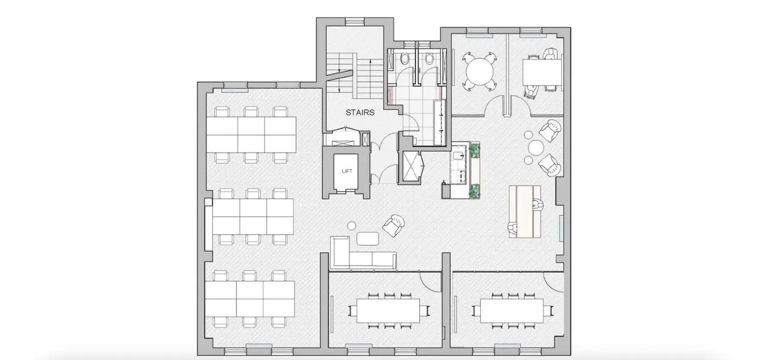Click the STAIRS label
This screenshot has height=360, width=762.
(x=360, y=112)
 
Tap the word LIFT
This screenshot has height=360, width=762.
(x=347, y=171)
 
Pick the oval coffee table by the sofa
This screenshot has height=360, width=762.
(x=368, y=238)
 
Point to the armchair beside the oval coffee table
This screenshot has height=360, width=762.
(x=394, y=226)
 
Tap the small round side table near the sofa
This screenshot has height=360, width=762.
(x=352, y=226)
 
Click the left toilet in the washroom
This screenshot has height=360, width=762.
(x=405, y=59)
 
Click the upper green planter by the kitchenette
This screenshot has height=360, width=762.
(x=474, y=151)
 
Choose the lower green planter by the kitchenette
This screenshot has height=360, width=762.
(x=474, y=191)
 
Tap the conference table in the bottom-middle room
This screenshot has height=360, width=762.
(x=388, y=311)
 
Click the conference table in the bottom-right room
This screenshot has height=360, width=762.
(x=512, y=311)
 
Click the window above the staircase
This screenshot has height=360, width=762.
(x=355, y=22)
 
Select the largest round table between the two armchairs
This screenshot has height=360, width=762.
(x=536, y=148)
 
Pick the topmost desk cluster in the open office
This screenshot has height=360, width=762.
(x=251, y=134)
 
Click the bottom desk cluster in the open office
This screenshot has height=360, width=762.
(x=249, y=299)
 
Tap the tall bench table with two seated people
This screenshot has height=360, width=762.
(x=525, y=211)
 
